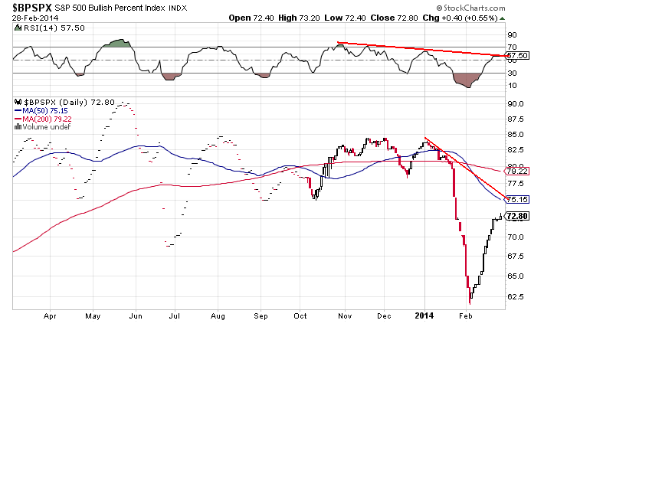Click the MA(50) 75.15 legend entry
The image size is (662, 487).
point(42,110)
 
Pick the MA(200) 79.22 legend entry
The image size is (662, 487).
point(44,119)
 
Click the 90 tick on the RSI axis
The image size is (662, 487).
point(511,34)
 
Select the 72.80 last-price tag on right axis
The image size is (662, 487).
point(518,217)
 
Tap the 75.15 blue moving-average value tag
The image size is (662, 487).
point(518,199)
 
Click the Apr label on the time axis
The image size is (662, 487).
point(51,315)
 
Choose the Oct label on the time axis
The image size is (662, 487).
point(300,315)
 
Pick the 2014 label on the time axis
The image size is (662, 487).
point(424,315)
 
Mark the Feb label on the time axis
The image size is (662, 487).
point(464,315)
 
